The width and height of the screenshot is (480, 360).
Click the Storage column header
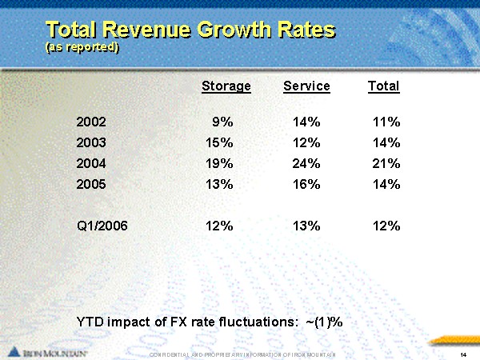(x=226, y=86)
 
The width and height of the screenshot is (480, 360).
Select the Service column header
(x=306, y=86)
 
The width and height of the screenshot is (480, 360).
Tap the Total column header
(x=383, y=86)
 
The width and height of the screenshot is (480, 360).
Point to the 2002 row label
(x=90, y=122)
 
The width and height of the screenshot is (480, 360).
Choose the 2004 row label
(x=90, y=164)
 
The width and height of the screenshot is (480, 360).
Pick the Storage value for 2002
(x=222, y=122)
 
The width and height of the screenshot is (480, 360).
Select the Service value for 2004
(x=306, y=164)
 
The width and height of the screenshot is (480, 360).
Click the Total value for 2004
(x=386, y=164)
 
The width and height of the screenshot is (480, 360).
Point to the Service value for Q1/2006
(x=306, y=226)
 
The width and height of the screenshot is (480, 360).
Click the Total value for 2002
(x=386, y=122)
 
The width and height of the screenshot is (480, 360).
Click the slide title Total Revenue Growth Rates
(x=190, y=30)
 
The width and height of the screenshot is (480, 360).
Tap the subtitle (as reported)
(x=82, y=47)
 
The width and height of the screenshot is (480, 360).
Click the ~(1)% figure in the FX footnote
(x=325, y=321)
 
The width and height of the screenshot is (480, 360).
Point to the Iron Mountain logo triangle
(x=14, y=350)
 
